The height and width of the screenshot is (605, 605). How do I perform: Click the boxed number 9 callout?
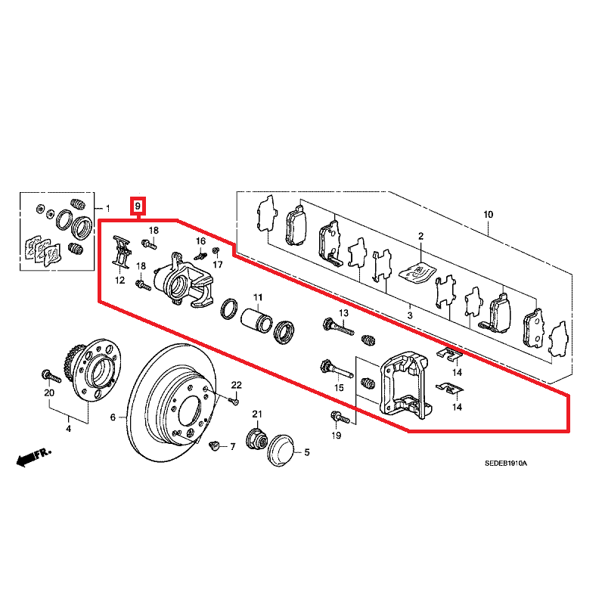(x=137, y=206)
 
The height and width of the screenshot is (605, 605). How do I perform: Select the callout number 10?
(x=489, y=215)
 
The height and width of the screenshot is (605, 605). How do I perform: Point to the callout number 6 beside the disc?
(x=114, y=417)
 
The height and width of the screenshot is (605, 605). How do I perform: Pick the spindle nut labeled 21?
(x=255, y=438)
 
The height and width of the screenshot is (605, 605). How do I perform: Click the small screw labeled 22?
(x=234, y=401)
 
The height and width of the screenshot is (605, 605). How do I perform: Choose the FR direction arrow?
(x=32, y=456)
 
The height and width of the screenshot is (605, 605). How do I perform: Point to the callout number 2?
(x=421, y=237)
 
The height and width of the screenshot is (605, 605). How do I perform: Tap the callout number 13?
(x=343, y=313)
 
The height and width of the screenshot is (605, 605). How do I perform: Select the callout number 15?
(x=340, y=388)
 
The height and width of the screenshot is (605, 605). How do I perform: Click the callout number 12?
(x=120, y=281)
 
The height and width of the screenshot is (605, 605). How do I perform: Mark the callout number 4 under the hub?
(x=68, y=430)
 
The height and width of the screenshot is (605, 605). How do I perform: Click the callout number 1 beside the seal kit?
(x=107, y=208)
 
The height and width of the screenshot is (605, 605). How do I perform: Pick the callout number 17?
(x=218, y=265)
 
